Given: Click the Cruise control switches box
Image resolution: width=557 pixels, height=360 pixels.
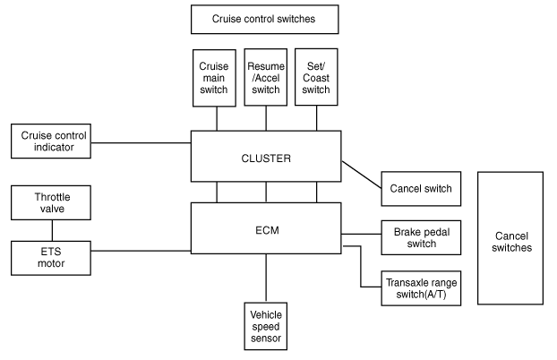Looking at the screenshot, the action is point(265,20).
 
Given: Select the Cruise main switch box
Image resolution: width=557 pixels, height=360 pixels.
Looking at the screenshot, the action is point(214,78).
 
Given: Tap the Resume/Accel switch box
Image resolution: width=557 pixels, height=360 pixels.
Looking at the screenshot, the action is point(266,78).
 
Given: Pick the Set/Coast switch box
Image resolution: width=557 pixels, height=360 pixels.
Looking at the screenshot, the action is point(316,77).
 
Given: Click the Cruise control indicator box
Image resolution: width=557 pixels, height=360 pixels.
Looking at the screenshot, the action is point(51,141).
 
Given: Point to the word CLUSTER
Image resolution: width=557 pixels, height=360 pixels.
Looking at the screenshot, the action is point(266,159).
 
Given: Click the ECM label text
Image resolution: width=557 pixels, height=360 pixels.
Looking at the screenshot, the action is point(267,231).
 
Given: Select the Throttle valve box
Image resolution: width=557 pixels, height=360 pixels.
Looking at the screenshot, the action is point(51,202).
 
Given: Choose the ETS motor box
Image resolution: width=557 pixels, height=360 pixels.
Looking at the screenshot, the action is point(51,258).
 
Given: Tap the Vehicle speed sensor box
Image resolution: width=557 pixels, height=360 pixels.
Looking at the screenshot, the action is point(266,326).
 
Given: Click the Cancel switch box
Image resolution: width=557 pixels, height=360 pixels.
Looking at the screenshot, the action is point(421,189).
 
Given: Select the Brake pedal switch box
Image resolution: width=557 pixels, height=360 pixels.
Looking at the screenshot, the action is point(421,237).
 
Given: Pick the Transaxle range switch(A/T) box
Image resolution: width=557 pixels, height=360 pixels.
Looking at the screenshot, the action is point(421,288).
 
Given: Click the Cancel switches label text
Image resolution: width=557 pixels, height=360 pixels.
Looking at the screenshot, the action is point(511,242).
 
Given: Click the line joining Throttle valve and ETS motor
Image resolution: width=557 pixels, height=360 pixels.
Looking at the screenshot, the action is point(52,230).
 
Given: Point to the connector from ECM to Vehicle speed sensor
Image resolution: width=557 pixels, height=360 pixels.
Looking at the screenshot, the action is point(266,278).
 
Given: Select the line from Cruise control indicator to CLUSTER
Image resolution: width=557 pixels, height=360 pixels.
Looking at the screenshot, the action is point(141,143).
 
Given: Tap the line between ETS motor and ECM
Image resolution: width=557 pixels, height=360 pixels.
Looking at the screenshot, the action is point(141,251).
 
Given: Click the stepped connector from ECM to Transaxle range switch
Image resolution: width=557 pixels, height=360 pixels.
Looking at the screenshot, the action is point(361,267).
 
